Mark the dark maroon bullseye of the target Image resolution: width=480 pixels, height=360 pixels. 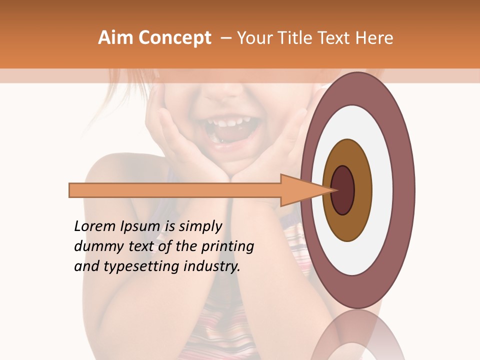(343, 190)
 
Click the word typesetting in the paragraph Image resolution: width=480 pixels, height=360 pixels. (136, 267)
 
